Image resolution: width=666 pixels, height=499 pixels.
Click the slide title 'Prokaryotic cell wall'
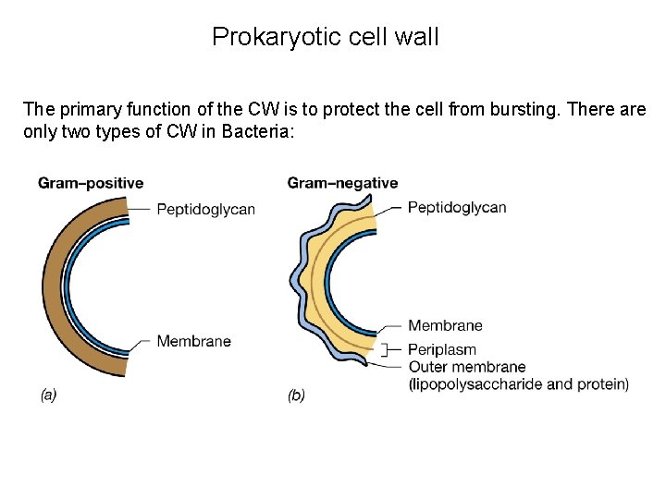click(326, 37)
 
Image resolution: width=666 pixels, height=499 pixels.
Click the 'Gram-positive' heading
click(91, 183)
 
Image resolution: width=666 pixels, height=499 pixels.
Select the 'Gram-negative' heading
click(343, 183)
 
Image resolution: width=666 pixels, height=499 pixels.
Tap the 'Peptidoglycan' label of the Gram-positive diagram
click(205, 209)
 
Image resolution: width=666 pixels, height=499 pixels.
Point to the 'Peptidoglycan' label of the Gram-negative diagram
click(457, 207)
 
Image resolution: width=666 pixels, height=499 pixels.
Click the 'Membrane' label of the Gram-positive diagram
click(193, 341)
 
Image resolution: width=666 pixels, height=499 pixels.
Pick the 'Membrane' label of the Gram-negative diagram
click(445, 325)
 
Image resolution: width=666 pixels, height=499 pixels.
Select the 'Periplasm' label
click(442, 350)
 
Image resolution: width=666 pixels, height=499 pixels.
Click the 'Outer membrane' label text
click(467, 367)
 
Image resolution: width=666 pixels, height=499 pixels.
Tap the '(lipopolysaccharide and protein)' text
click(518, 383)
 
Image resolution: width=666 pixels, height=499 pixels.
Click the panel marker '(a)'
click(48, 395)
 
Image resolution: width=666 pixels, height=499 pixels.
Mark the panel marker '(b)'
click(296, 395)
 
